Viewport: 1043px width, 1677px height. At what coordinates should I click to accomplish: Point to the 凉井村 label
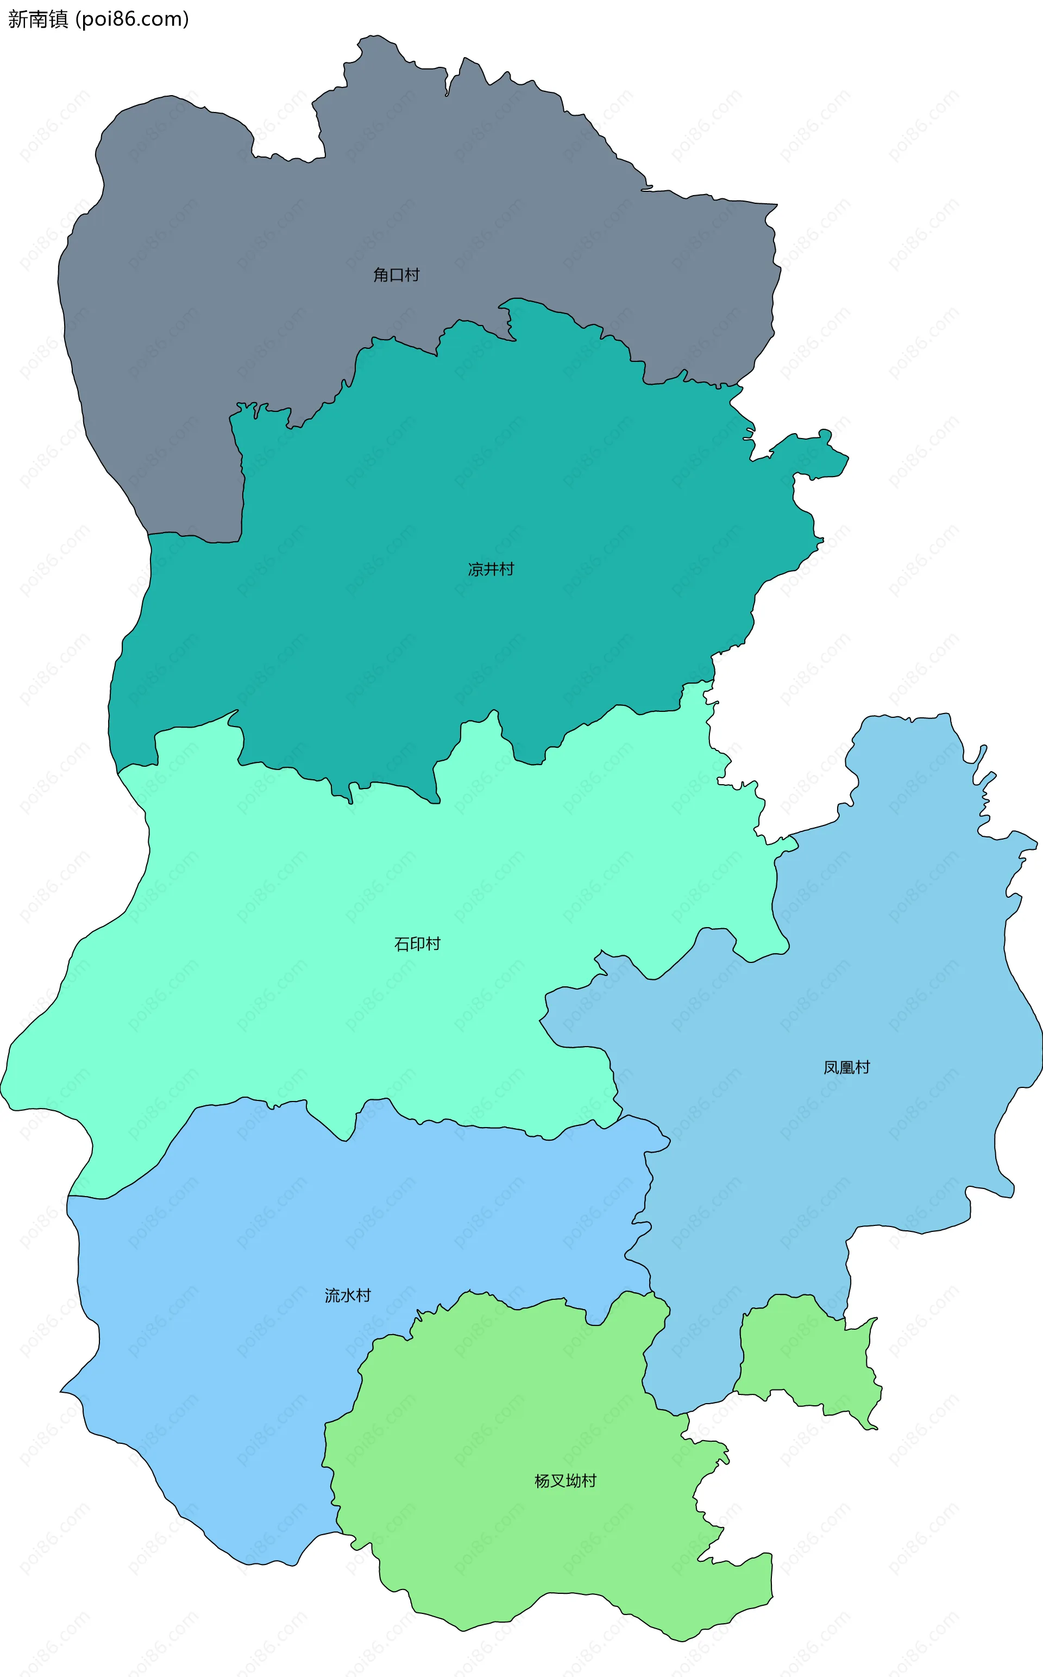491,569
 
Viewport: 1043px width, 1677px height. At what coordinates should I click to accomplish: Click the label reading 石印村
417,944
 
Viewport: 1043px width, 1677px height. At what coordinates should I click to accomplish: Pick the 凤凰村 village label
846,1068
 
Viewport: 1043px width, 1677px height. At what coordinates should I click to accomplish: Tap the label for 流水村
348,1296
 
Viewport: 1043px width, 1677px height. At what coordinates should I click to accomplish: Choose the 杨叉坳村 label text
565,1481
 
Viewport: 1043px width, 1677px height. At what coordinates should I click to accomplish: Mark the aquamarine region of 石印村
276,966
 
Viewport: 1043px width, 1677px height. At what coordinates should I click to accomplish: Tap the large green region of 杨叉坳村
517,1552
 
